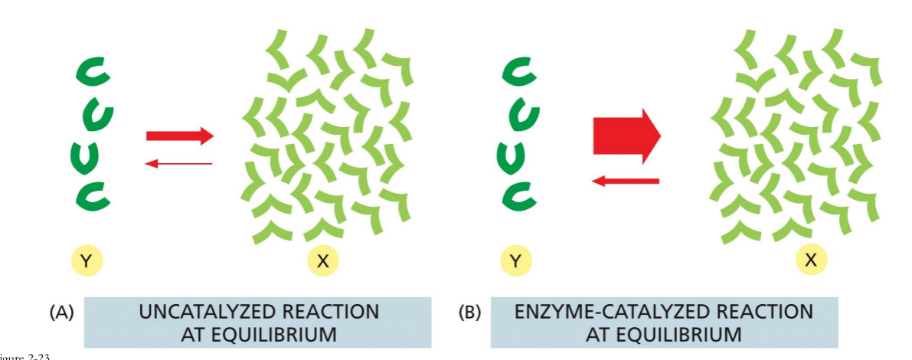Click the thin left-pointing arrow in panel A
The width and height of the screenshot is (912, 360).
pos(179,163)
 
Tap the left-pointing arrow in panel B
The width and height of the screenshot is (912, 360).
pos(626,181)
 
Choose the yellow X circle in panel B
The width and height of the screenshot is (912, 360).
pos(811,260)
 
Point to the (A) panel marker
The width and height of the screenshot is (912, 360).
pos(60,313)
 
